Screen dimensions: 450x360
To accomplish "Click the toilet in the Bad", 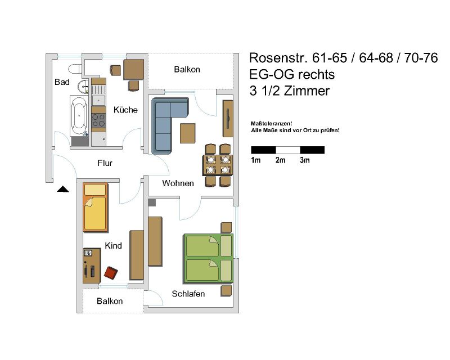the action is [x=75, y=69].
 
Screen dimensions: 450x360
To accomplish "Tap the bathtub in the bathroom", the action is [x=79, y=116].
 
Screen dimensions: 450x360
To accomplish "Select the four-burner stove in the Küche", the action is [x=98, y=120].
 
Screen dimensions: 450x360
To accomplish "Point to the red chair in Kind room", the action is [x=111, y=272].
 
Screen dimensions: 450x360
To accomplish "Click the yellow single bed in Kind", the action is [x=95, y=207].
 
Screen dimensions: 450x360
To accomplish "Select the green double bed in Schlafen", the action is [x=208, y=258].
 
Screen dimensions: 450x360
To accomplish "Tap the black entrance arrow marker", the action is [x=63, y=189].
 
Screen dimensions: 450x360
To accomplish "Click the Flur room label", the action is [x=105, y=163].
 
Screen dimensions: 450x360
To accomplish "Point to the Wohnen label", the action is [x=178, y=183].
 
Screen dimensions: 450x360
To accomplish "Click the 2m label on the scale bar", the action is [x=280, y=160].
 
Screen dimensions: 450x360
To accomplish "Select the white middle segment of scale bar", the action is [x=288, y=150].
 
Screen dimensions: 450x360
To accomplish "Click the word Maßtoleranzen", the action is [x=271, y=123].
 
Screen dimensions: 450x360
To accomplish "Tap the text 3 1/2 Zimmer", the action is [x=290, y=91].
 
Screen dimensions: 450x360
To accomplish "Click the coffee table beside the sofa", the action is [x=188, y=133].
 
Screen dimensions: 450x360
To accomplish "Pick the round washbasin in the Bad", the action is [x=83, y=86].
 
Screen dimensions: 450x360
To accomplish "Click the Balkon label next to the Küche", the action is [x=187, y=70].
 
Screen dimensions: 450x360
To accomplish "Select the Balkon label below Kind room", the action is [x=110, y=301].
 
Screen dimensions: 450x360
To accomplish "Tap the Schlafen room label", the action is [x=188, y=294].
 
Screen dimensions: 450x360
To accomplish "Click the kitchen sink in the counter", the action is [x=98, y=101].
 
